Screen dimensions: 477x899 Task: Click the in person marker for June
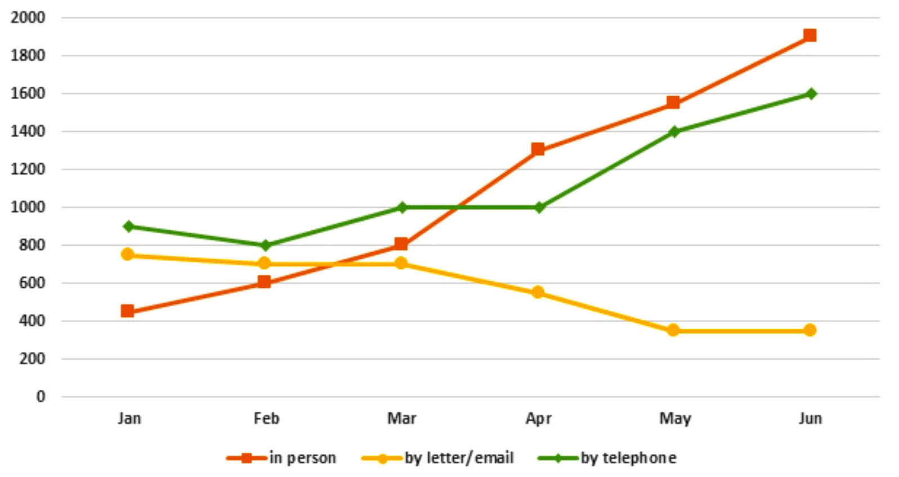click(x=809, y=36)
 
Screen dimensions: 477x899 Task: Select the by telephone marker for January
click(x=128, y=226)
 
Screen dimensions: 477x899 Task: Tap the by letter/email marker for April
click(x=538, y=292)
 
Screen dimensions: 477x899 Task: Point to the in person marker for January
click(x=128, y=311)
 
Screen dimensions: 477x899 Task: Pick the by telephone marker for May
click(x=674, y=132)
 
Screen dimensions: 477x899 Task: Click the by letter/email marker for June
click(x=809, y=330)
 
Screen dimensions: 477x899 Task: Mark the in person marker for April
click(x=538, y=149)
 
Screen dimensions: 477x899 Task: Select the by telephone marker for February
click(x=265, y=246)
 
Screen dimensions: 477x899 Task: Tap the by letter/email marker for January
click(x=128, y=255)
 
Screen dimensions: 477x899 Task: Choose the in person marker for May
click(x=673, y=102)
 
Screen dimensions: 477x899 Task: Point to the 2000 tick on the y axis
click(x=28, y=17)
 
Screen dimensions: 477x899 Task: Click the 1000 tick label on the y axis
click(x=28, y=207)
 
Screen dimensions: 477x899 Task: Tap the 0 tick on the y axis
click(x=41, y=397)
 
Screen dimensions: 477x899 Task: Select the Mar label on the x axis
click(x=401, y=418)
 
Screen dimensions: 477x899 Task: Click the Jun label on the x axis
click(x=810, y=418)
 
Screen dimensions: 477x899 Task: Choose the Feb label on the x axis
click(x=266, y=418)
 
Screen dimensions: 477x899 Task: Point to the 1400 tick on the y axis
click(x=28, y=132)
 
